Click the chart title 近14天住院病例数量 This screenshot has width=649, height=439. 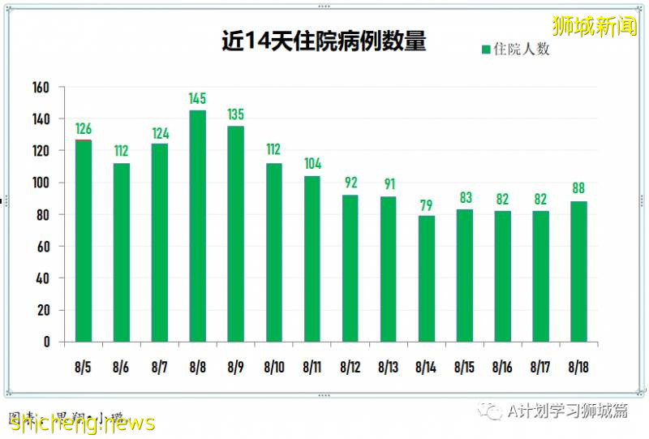pyautogui.click(x=324, y=41)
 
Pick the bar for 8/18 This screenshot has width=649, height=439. pyautogui.click(x=579, y=271)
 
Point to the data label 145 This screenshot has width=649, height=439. pyautogui.click(x=198, y=99)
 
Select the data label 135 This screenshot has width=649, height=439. pyautogui.click(x=236, y=114)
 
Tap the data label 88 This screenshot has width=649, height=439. pyautogui.click(x=579, y=189)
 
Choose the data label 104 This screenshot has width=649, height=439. pyautogui.click(x=312, y=164)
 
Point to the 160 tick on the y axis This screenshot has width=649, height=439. pyautogui.click(x=41, y=88)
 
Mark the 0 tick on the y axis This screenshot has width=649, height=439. pyautogui.click(x=47, y=342)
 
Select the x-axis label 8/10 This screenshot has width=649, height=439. pyautogui.click(x=274, y=367)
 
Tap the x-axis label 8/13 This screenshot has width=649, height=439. pyautogui.click(x=389, y=367)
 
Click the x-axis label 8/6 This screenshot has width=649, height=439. pyautogui.click(x=122, y=367)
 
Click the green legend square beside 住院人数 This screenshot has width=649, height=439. pyautogui.click(x=486, y=49)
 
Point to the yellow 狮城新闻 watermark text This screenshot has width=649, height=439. pyautogui.click(x=594, y=26)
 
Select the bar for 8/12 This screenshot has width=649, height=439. pyautogui.click(x=350, y=269)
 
